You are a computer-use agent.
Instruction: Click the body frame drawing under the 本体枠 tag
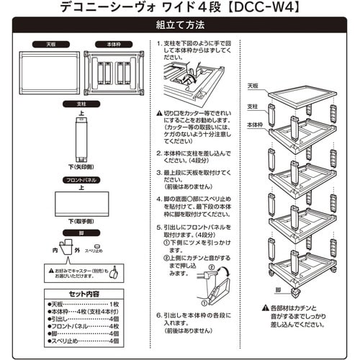[x=112, y=72]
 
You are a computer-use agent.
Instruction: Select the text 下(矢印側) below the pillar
[x=82, y=166]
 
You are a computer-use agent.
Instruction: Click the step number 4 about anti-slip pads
[x=158, y=195]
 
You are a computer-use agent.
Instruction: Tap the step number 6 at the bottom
[x=158, y=314]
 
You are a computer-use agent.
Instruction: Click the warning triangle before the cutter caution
[x=159, y=112]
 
